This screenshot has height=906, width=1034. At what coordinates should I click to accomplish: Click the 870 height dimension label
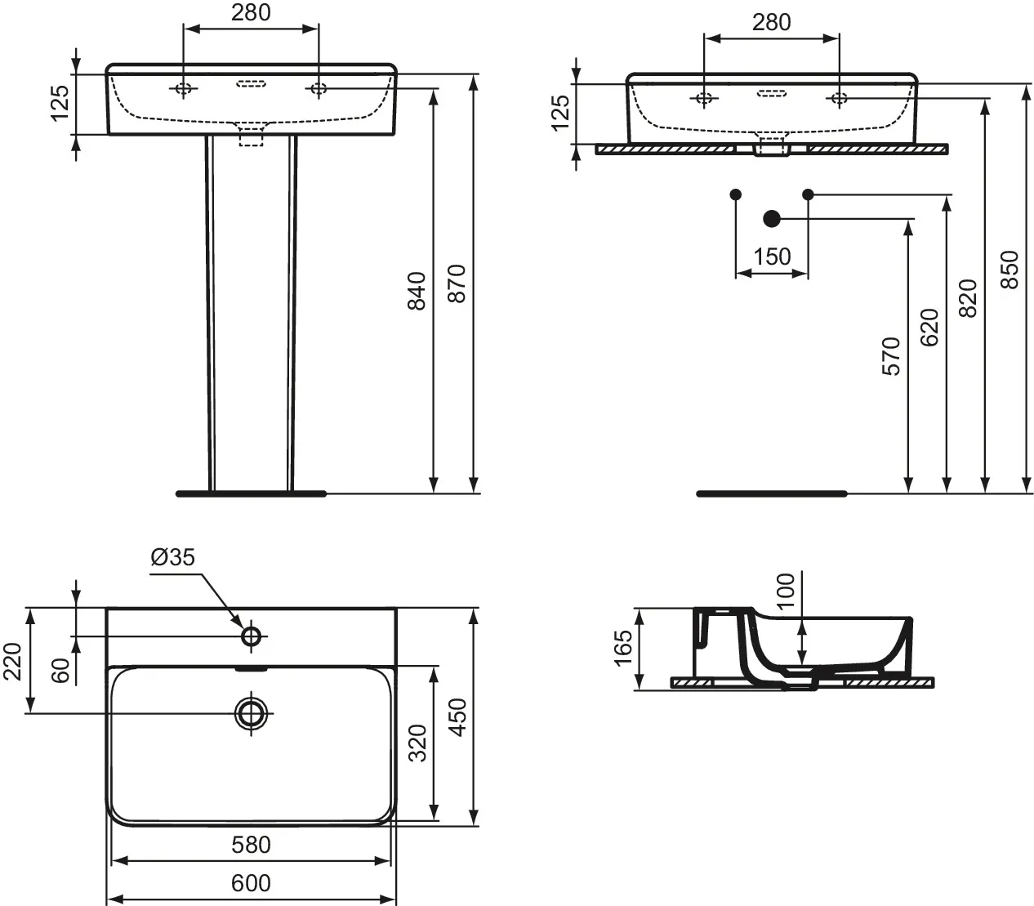click(457, 283)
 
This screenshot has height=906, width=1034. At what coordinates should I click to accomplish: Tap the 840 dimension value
click(417, 291)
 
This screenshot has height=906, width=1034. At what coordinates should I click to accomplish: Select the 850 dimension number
click(1009, 270)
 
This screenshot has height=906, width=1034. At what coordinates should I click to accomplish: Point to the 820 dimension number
click(968, 299)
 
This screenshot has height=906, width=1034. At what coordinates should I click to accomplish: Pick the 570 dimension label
click(890, 356)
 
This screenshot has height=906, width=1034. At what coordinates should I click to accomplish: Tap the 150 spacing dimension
click(772, 257)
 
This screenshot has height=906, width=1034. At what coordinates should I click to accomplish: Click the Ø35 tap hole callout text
click(172, 557)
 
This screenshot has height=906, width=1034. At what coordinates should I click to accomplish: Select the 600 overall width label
click(251, 882)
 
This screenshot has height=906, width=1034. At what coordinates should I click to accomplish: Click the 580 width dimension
click(251, 845)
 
